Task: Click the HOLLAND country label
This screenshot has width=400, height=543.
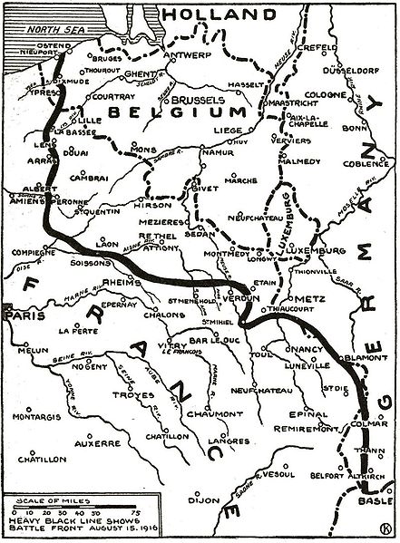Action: click(201, 15)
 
